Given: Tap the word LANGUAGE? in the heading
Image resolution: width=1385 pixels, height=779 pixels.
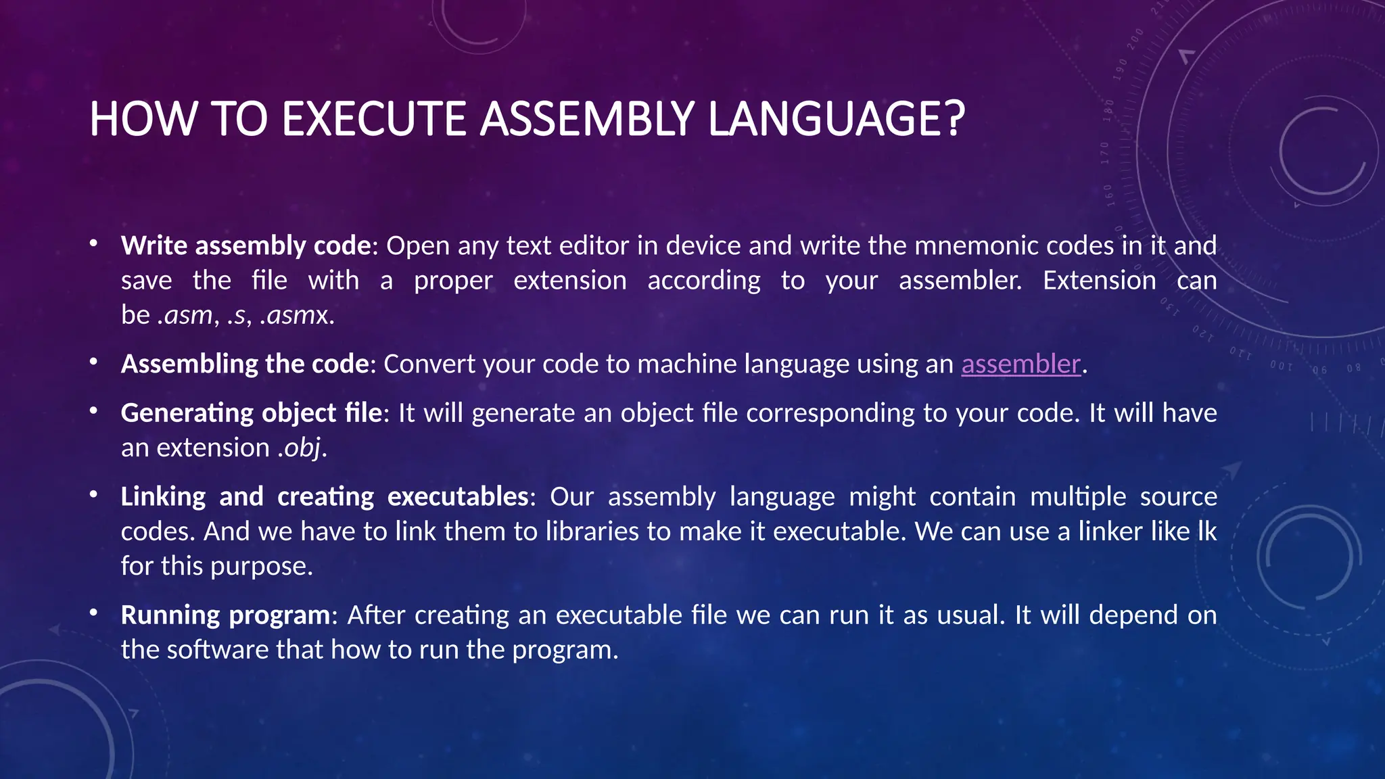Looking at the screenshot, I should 837,119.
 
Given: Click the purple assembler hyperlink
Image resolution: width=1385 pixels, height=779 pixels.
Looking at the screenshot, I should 1020,364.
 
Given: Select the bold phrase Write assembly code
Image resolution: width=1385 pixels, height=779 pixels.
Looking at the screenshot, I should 246,245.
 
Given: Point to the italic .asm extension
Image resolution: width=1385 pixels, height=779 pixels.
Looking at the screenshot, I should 185,315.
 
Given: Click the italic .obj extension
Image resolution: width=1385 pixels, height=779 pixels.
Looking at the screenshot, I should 300,448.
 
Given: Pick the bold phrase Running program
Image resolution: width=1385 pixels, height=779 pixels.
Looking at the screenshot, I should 226,615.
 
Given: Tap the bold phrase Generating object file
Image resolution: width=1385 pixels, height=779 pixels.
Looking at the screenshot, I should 252,413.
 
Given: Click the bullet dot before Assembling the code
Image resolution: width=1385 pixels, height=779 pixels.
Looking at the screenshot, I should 94,362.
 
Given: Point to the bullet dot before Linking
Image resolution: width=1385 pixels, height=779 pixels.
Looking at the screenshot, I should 94,495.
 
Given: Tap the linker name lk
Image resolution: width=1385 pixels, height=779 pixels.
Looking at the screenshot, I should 1206,532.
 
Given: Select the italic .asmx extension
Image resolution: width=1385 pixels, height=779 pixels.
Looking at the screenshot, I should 294,315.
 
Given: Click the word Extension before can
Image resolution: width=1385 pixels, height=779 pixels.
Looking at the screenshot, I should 1099,281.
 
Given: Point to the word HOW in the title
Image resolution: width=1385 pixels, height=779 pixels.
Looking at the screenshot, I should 143,119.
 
